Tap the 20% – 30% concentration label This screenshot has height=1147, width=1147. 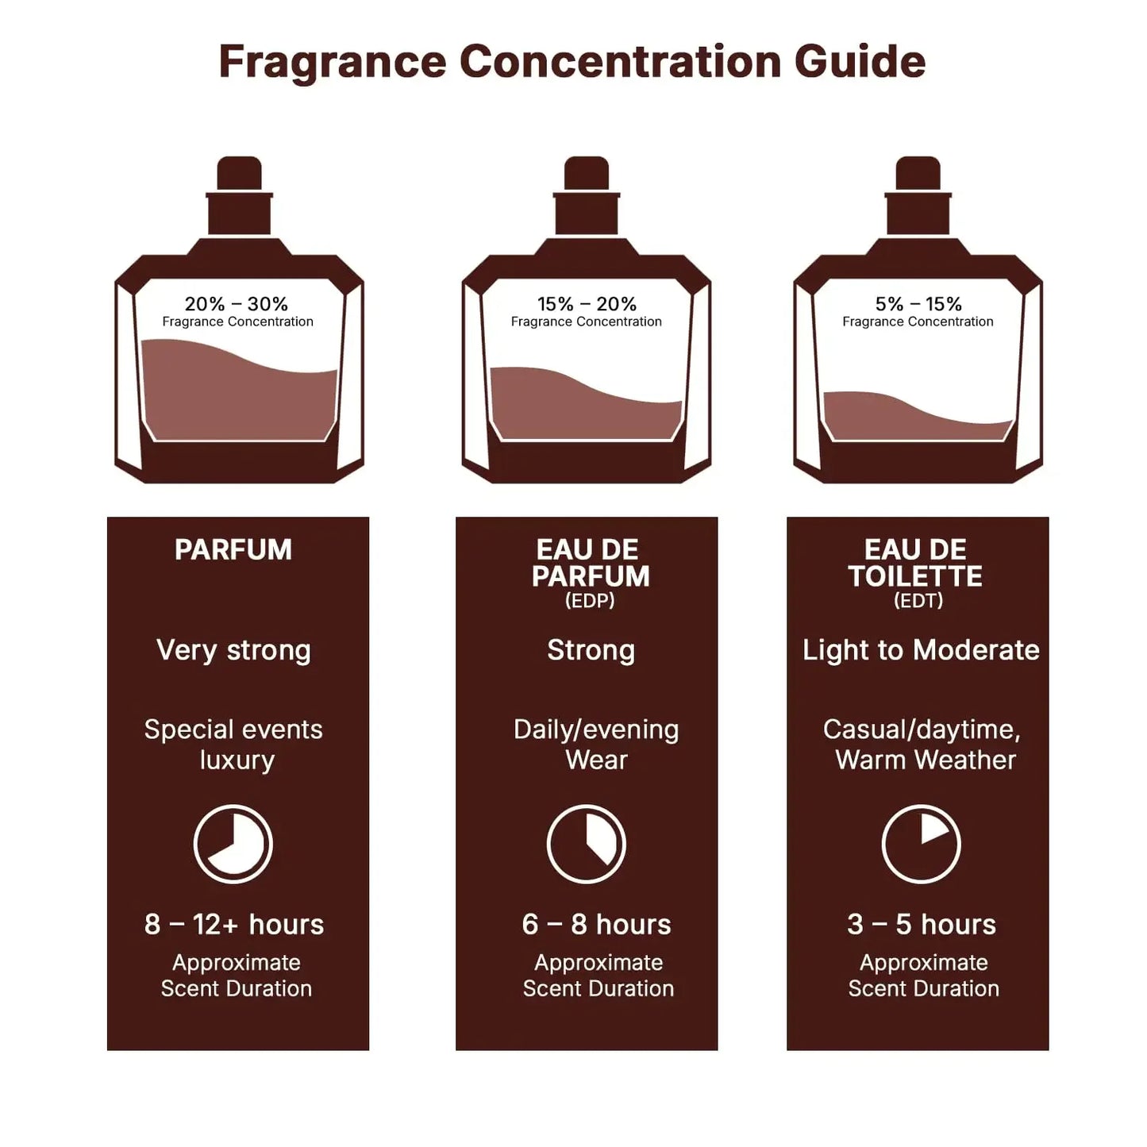(237, 304)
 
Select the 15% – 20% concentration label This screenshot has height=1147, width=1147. (587, 304)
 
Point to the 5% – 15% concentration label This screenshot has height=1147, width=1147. (918, 304)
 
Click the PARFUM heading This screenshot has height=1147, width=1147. (233, 550)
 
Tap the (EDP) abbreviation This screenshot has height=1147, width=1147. (590, 601)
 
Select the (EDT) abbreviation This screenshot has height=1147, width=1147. (918, 601)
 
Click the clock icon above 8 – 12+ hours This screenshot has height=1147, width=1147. (233, 844)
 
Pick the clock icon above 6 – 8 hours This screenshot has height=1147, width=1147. (587, 844)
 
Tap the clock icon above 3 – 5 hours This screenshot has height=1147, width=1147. (922, 844)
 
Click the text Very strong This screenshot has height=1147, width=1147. (233, 650)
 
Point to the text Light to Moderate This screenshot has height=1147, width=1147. (921, 650)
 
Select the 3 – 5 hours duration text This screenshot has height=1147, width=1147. (922, 925)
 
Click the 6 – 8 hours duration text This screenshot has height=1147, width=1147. (596, 925)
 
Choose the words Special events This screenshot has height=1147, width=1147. (233, 729)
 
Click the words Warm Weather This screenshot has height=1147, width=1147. (926, 760)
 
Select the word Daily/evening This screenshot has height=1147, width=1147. (596, 729)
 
